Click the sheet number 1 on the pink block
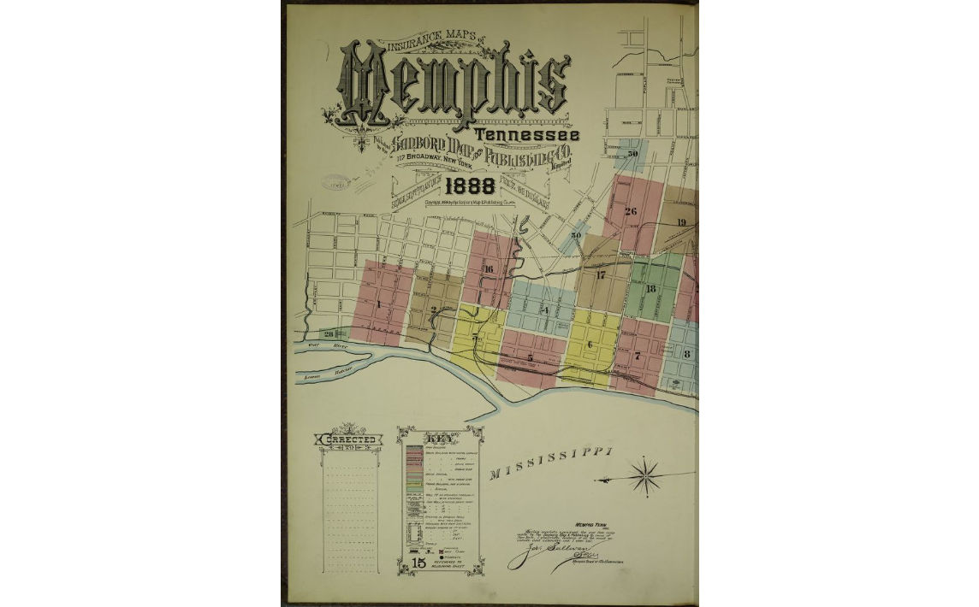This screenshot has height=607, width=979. [x=377, y=304]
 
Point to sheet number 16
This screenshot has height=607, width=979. [x=488, y=269]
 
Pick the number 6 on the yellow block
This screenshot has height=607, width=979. [x=590, y=345]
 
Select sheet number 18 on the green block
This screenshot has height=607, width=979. [x=650, y=289]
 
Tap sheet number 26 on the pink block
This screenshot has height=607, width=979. [x=631, y=211]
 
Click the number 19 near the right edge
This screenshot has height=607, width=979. [x=681, y=222]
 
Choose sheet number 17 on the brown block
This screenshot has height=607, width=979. [x=600, y=275]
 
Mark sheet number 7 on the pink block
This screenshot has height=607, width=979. [x=637, y=356]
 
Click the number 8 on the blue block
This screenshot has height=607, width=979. [x=686, y=353]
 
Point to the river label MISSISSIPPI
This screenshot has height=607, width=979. [x=552, y=463]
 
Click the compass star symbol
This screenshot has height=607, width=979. [x=646, y=475]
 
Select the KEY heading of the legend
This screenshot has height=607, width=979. [x=440, y=435]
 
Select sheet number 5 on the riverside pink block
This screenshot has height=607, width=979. [x=530, y=357]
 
